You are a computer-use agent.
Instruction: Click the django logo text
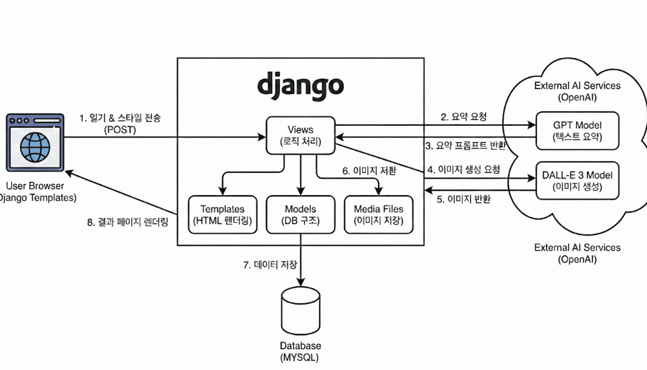(300, 85)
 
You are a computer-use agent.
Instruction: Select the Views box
(300, 135)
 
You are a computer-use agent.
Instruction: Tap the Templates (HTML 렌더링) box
(222, 214)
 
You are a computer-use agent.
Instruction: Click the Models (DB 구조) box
(300, 214)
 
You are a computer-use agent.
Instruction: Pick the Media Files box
(378, 214)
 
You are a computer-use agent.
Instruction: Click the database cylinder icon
(300, 311)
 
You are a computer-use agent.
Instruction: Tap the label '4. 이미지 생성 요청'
(464, 169)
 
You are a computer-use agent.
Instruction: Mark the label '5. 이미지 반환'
(464, 199)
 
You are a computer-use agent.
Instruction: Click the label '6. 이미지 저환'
(369, 171)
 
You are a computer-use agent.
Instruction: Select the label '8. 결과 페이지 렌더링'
(128, 223)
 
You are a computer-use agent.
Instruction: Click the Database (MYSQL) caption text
(300, 351)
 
